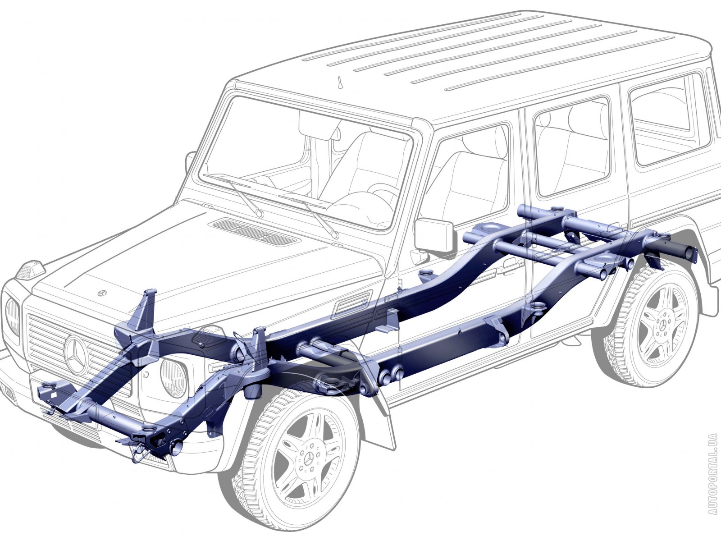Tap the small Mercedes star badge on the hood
coord(102,293)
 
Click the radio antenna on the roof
coord(341,83)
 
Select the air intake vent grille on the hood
coord(256,231)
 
